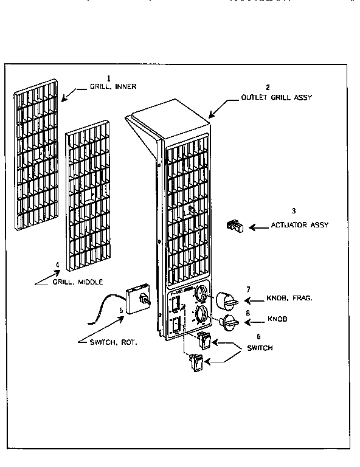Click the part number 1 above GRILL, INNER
[109, 78]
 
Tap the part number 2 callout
[268, 88]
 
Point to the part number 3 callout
[294, 211]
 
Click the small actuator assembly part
[235, 227]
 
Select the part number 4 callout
[57, 265]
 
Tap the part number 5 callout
[121, 310]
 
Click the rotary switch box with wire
[137, 298]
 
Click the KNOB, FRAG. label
[289, 299]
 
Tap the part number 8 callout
[248, 313]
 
